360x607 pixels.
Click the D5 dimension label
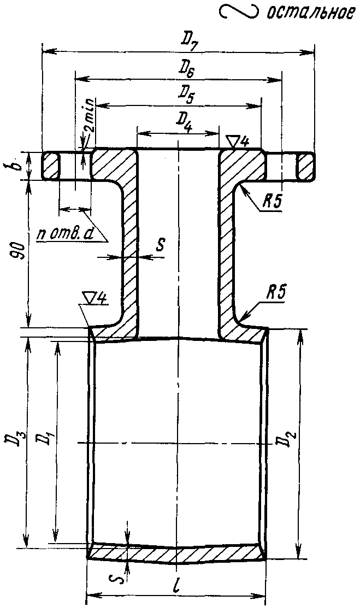186,95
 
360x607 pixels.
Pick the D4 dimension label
184,121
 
